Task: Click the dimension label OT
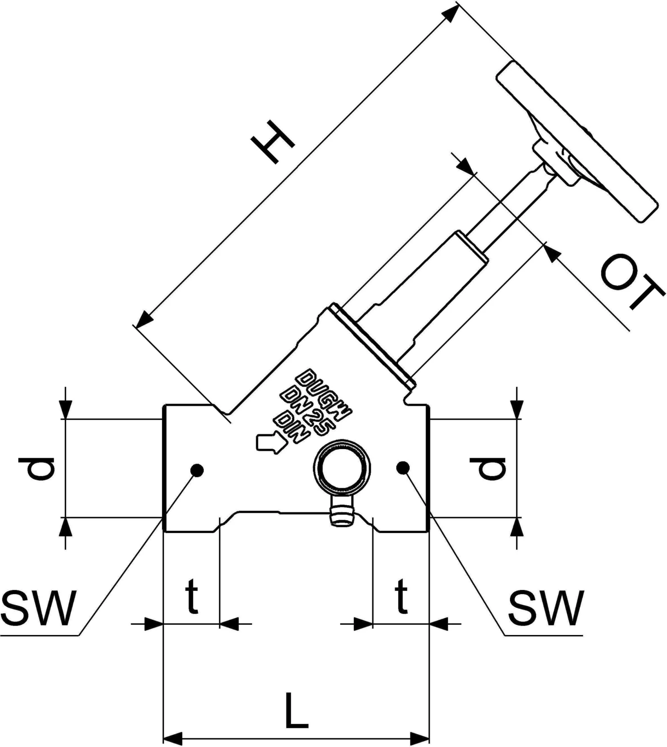(631, 285)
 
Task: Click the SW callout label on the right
(545, 607)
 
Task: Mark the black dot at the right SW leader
(403, 467)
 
